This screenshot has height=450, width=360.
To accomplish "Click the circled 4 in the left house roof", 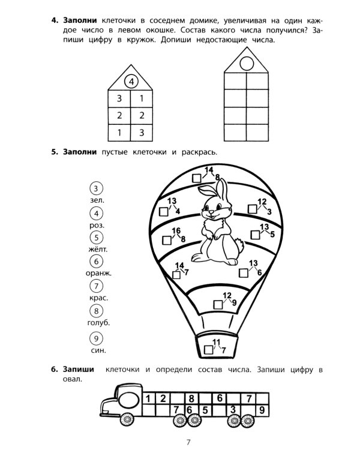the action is coord(131,82).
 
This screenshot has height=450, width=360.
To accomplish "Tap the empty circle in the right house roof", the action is coord(247,63).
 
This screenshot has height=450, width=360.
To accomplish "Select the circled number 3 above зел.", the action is coord(96,188).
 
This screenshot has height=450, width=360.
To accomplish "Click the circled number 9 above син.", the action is coord(96,338).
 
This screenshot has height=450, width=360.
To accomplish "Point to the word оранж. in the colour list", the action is coord(98,273).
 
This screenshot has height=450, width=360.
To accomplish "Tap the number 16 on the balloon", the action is coord(176,230).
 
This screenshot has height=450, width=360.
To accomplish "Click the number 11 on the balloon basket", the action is coord(216,342).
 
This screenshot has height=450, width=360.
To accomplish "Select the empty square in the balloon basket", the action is coord(209,350).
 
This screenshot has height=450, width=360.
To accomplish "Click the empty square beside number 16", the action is coord(167,240).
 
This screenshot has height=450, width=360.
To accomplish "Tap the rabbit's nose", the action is coord(211,212).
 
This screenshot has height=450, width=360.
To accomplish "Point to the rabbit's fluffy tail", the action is coord(239,245).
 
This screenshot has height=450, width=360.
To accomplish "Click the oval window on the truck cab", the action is coord(128,400).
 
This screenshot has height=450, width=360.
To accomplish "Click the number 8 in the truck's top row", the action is coord(191,398).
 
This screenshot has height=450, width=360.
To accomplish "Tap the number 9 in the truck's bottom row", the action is coord(262,410).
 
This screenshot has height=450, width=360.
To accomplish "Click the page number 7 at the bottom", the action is coord(188,442).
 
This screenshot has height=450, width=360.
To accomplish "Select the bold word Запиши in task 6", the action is coord(79,370).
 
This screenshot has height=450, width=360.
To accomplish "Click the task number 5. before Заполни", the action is coord(55,152).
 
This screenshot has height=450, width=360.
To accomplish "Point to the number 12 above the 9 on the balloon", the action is coord(227,295).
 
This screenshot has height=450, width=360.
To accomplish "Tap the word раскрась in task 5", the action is coord(199,152).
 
